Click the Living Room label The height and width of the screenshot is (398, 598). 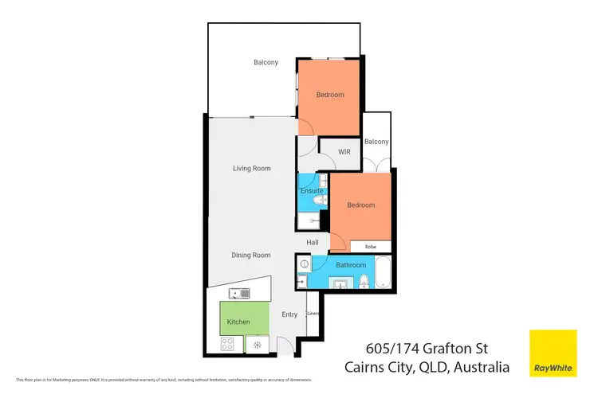[251, 168]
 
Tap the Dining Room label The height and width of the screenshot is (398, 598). [251, 256]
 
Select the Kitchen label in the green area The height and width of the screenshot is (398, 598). [238, 322]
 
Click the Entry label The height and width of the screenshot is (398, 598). [289, 314]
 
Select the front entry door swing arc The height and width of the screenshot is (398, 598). [282, 344]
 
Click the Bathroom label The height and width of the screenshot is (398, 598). [350, 265]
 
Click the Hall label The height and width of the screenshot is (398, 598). [313, 242]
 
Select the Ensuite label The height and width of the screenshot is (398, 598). [312, 192]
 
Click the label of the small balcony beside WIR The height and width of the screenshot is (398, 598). [376, 142]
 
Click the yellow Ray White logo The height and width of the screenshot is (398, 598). [553, 353]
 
